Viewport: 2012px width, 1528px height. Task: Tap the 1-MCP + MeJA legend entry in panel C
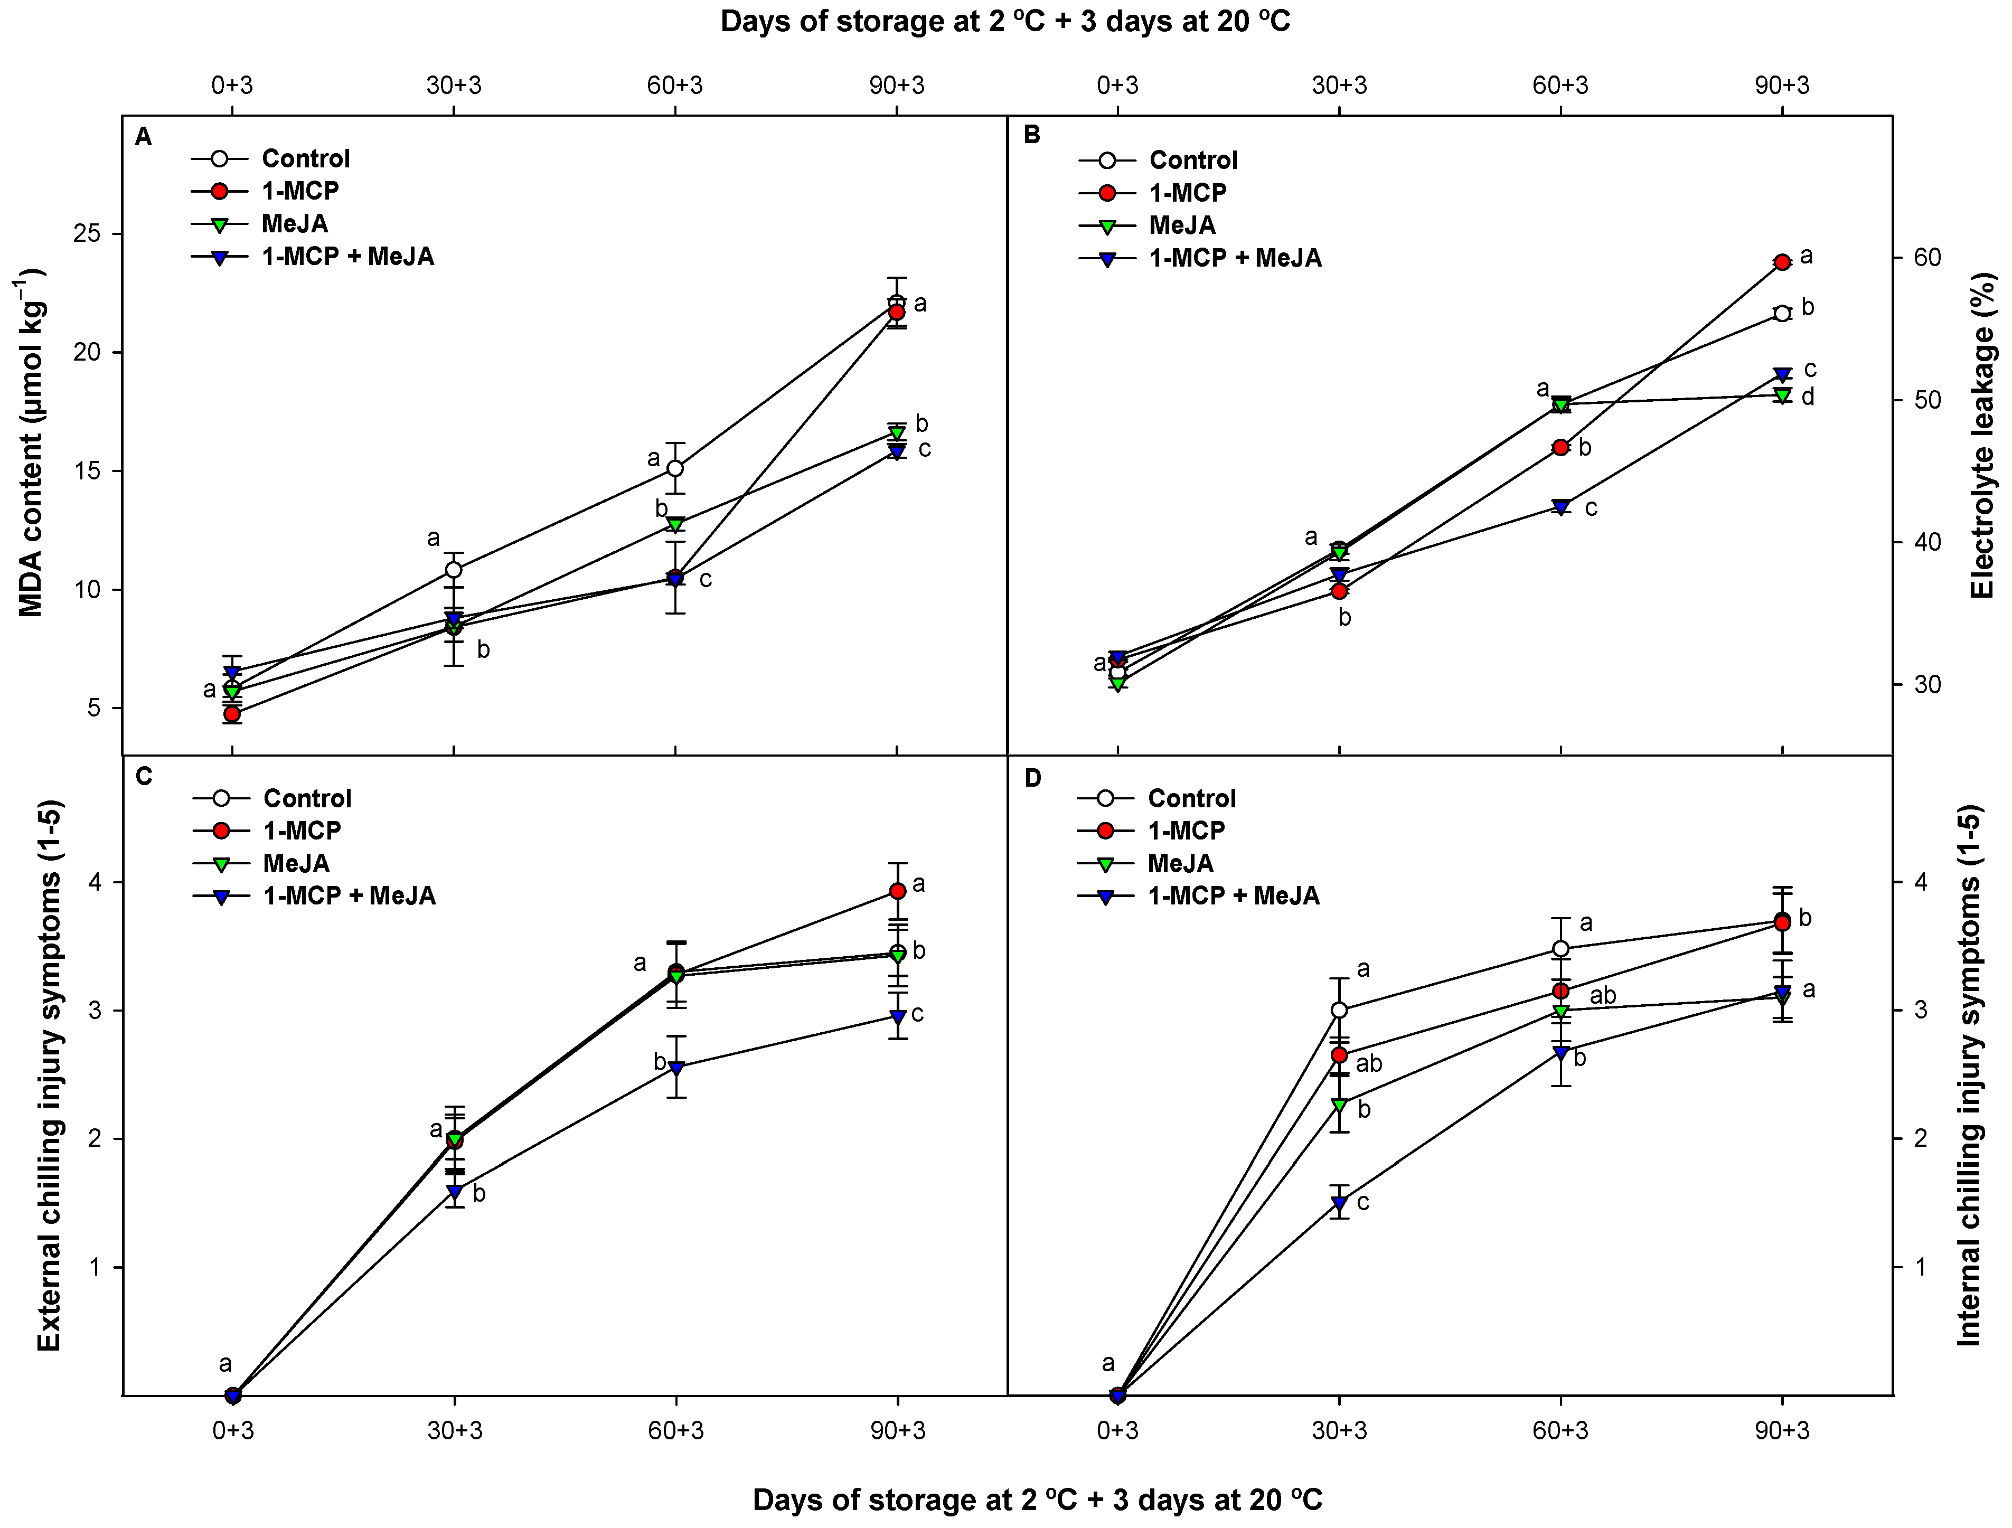(349, 896)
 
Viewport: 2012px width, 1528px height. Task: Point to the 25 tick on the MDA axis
(87, 234)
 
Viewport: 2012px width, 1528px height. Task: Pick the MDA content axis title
(32, 443)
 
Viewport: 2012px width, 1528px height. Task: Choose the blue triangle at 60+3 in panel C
(676, 1068)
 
